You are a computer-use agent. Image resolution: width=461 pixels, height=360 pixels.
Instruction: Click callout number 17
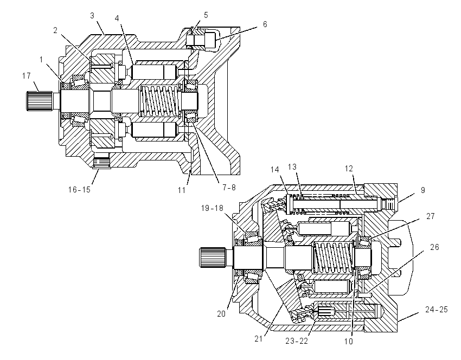click(27, 76)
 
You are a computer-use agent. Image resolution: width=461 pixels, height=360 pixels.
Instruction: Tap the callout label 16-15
click(79, 190)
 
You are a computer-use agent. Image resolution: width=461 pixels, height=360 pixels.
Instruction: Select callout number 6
click(265, 24)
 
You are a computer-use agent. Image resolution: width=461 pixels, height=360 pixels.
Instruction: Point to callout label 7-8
click(229, 187)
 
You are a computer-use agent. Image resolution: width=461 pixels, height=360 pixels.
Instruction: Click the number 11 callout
click(182, 190)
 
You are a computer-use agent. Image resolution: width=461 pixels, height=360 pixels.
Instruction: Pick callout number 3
click(92, 16)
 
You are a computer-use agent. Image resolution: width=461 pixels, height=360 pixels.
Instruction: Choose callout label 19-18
click(212, 208)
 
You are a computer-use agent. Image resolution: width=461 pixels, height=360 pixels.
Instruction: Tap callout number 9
click(423, 190)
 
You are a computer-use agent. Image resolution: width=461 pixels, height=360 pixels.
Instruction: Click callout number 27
click(431, 216)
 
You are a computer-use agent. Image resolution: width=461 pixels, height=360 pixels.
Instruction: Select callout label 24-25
click(436, 309)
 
